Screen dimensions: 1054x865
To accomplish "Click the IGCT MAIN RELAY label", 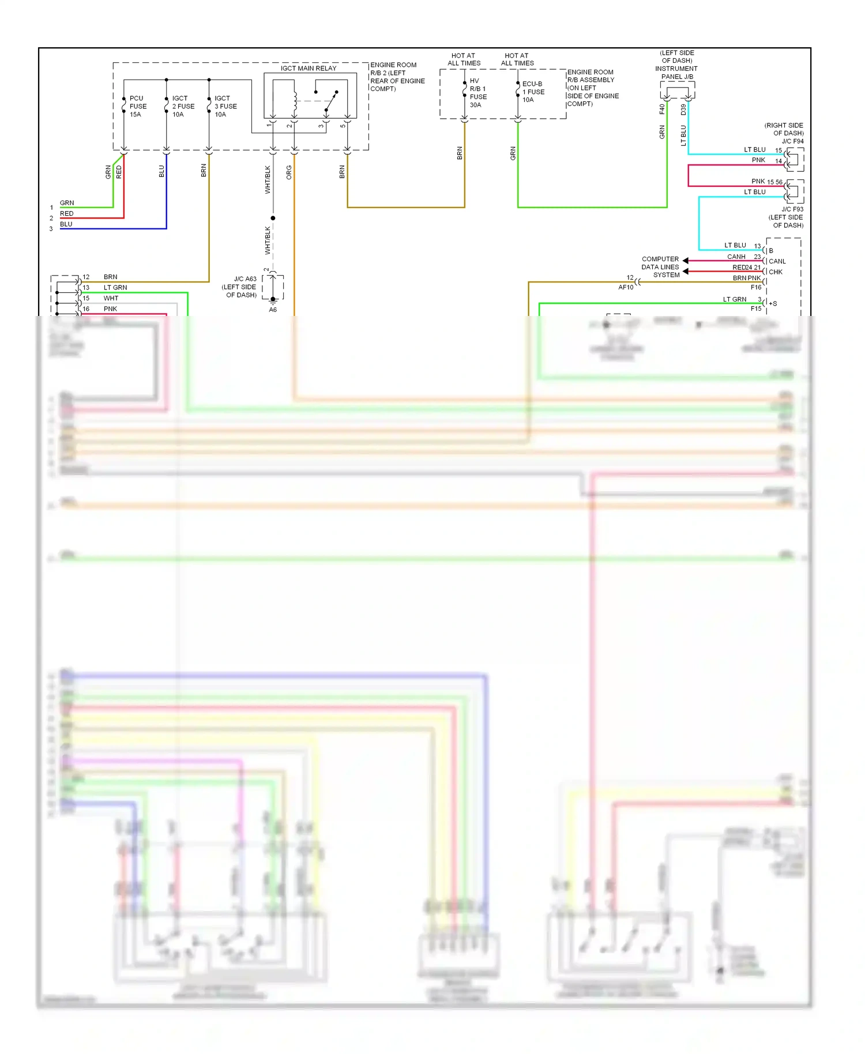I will [309, 68].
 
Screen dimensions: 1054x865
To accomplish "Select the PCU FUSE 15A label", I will [138, 107].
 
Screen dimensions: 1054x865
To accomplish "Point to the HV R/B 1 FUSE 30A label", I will [478, 93].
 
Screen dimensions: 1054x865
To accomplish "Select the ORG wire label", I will [289, 172].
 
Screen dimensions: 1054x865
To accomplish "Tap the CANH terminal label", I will [736, 257].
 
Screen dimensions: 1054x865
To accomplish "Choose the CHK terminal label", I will [776, 272].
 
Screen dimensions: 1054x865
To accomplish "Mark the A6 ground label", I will [273, 310].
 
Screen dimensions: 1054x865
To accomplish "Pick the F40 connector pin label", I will [662, 109].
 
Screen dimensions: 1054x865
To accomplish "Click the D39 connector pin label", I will [683, 109].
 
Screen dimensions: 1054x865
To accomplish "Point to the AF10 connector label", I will [626, 287].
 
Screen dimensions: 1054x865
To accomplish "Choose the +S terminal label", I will [773, 304].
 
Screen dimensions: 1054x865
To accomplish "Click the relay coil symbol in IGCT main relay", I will [295, 101].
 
